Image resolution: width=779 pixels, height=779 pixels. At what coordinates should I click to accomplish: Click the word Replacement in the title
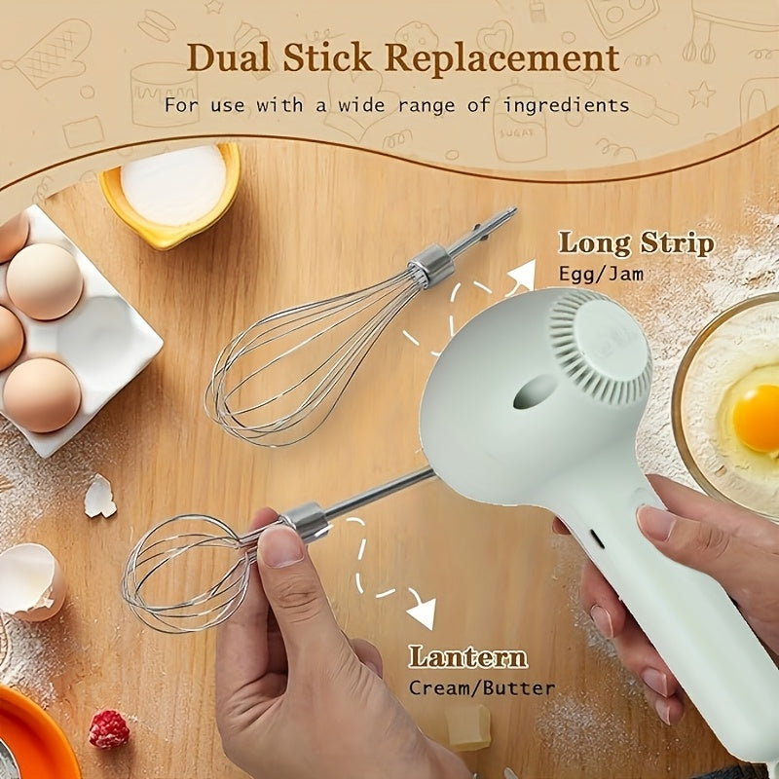coord(501,58)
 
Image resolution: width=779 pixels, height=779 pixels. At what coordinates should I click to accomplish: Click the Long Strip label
coord(636,242)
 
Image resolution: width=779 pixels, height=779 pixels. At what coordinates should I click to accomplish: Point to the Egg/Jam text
coord(601,275)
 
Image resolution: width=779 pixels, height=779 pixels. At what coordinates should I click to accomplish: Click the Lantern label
coord(467,656)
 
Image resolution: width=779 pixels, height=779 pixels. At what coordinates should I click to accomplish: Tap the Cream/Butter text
coord(481,687)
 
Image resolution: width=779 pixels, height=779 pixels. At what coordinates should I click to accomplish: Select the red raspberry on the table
coord(109,728)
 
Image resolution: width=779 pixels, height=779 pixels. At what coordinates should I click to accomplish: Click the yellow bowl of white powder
coord(171,190)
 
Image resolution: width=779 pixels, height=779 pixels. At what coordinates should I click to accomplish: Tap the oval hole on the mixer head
coord(535,391)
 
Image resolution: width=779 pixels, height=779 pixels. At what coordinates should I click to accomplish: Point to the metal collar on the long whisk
coord(431,266)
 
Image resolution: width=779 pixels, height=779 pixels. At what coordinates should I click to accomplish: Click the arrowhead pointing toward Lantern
coord(423,614)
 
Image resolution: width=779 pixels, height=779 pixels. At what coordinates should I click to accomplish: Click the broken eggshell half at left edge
coord(29,581)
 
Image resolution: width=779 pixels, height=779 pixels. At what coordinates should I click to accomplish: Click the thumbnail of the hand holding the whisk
coord(281,546)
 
